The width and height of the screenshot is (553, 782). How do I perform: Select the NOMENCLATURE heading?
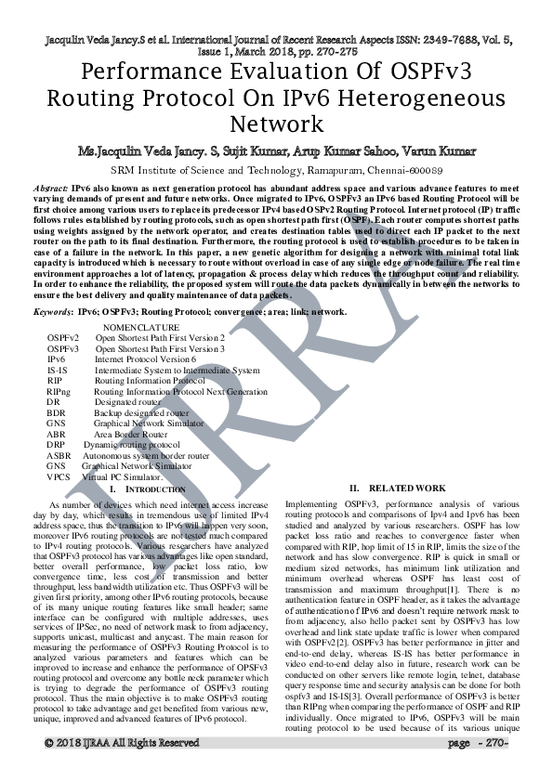tap(141, 328)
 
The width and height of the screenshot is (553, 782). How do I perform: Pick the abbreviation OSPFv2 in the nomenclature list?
tap(63, 338)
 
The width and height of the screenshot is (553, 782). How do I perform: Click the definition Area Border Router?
tap(131, 435)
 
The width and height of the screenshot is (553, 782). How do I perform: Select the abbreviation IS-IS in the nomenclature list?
tap(58, 371)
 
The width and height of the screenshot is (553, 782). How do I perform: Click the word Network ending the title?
tap(275, 124)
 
